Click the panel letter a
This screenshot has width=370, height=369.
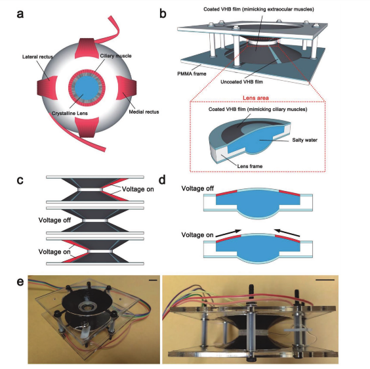point(20,14)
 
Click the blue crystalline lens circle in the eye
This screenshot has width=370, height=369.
point(87,87)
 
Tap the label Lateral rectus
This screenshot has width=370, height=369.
point(37,56)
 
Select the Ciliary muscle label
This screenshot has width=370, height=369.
point(115,56)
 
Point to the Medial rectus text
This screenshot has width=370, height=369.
point(144,112)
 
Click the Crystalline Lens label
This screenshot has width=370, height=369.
point(70,114)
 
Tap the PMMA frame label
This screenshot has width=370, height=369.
point(192,74)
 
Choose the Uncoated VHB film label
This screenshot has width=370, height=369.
point(241,81)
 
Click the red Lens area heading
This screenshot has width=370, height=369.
point(256,98)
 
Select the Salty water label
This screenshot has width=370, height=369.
point(304,140)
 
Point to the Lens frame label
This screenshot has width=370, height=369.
point(250,166)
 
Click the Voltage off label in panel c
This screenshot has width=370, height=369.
point(54,220)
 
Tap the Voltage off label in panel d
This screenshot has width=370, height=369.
point(197,188)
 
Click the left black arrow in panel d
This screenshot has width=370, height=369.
point(228,233)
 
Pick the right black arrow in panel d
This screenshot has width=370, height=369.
point(287,232)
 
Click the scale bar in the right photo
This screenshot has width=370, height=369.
point(325,280)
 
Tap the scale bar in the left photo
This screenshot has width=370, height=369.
point(153,280)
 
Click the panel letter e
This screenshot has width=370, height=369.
point(20,282)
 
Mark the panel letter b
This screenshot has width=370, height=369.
point(163,14)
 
